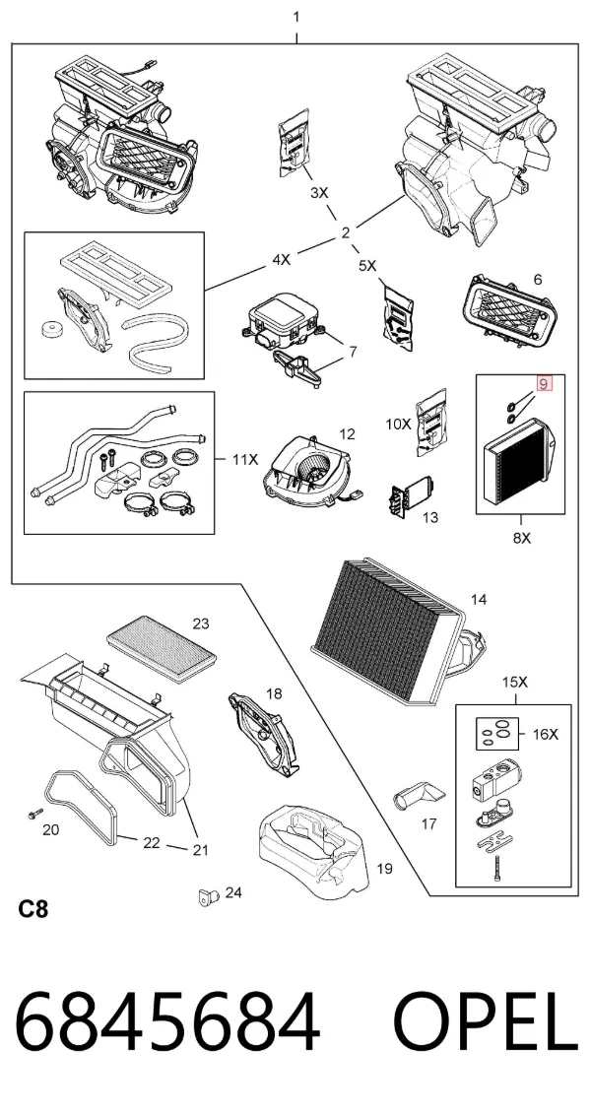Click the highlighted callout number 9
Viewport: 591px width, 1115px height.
(x=544, y=384)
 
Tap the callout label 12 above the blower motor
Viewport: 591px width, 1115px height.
(x=347, y=433)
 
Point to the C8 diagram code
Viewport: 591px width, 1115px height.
(x=33, y=909)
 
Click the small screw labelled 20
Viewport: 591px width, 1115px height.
(x=33, y=813)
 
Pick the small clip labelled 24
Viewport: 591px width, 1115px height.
(x=206, y=897)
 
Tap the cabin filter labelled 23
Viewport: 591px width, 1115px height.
(x=162, y=648)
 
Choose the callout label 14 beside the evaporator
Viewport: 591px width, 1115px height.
(x=479, y=600)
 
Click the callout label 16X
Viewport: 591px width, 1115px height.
(x=546, y=735)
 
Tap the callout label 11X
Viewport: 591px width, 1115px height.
(x=245, y=459)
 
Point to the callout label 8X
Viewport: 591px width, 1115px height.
(x=522, y=539)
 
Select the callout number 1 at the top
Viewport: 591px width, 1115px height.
(x=296, y=17)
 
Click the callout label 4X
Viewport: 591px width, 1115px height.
(x=281, y=260)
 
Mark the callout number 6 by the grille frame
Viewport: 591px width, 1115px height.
(x=538, y=280)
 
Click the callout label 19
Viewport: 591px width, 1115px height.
(x=384, y=868)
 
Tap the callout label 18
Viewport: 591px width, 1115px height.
(x=274, y=692)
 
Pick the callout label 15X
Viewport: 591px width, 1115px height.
(x=515, y=682)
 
